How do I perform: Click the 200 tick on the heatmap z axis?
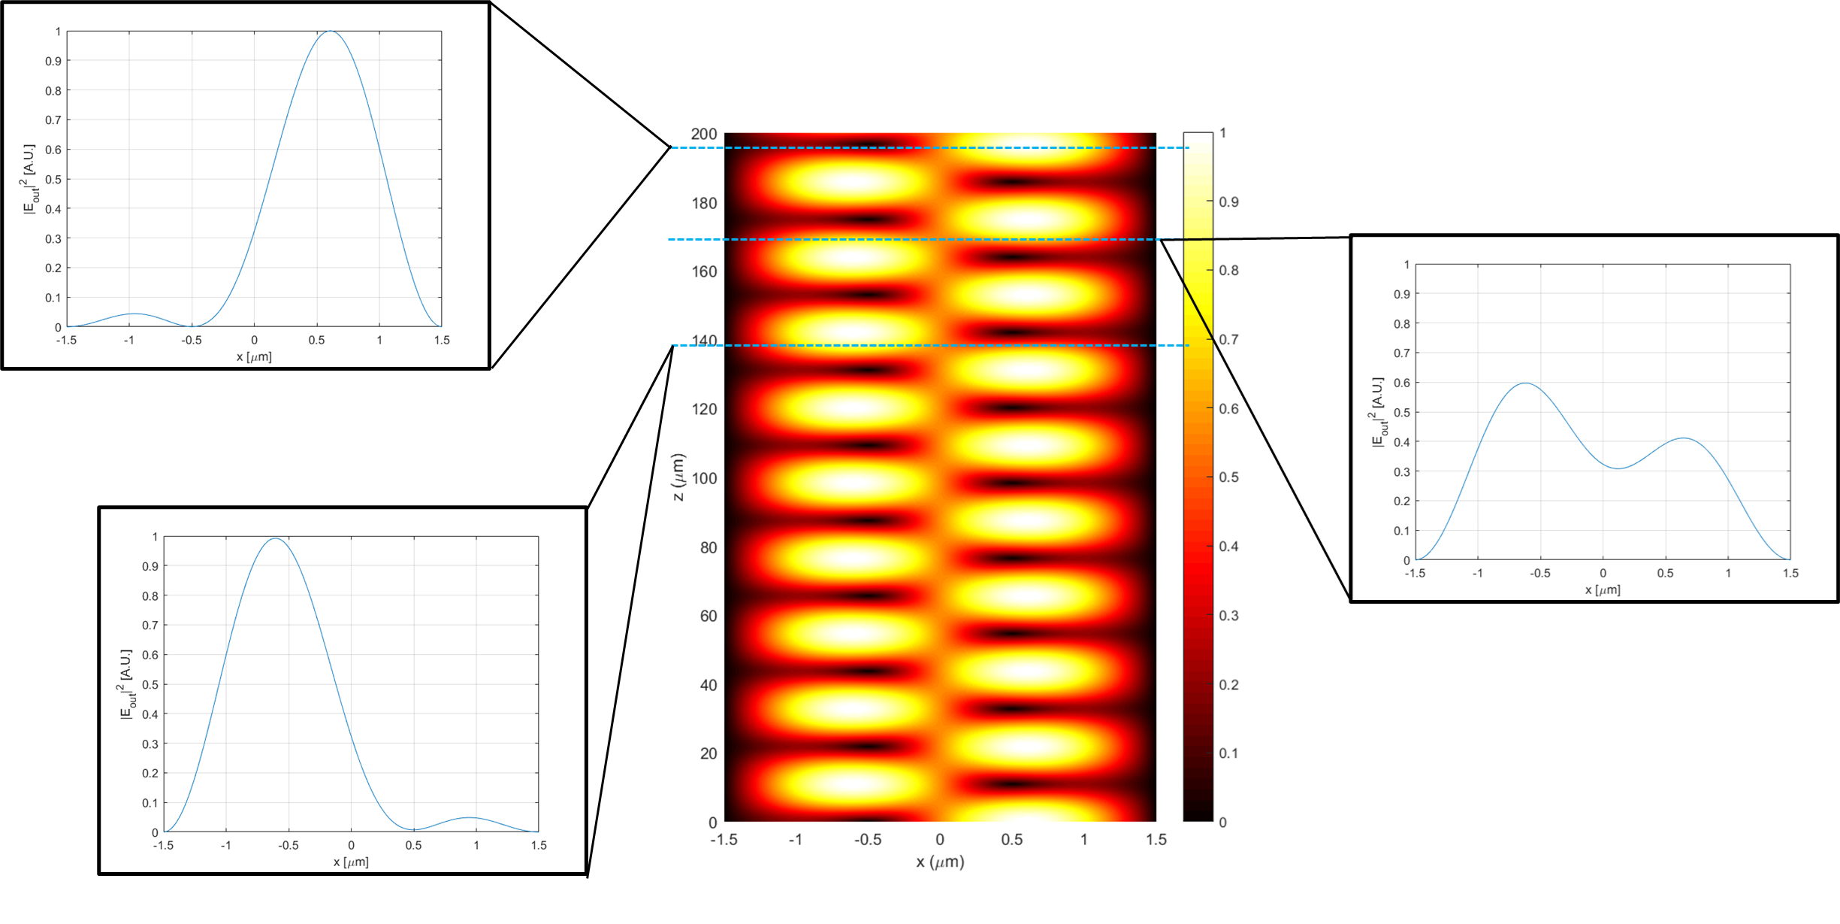[x=704, y=134]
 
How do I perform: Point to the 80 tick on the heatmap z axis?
[x=709, y=547]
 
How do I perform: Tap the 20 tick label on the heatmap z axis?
[x=709, y=753]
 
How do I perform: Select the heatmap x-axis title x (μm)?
[x=940, y=862]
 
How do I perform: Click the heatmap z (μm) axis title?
[x=678, y=477]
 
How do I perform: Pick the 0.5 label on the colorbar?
[x=1228, y=477]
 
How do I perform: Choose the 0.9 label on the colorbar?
[x=1228, y=201]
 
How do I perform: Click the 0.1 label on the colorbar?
[x=1228, y=753]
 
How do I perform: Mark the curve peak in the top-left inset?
[x=331, y=32]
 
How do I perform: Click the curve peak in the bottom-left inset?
[x=275, y=538]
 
